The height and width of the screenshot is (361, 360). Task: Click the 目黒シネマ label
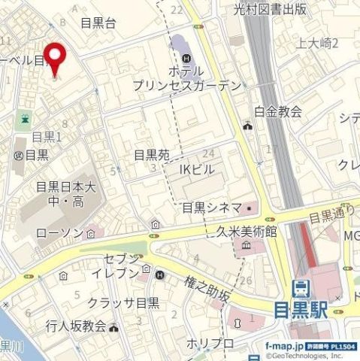(x=212, y=208)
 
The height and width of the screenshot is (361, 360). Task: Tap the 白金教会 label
(x=277, y=112)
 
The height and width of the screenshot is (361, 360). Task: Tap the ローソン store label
(x=59, y=234)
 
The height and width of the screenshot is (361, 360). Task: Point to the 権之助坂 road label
(x=207, y=289)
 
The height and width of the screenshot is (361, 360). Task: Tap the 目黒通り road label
(x=334, y=212)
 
